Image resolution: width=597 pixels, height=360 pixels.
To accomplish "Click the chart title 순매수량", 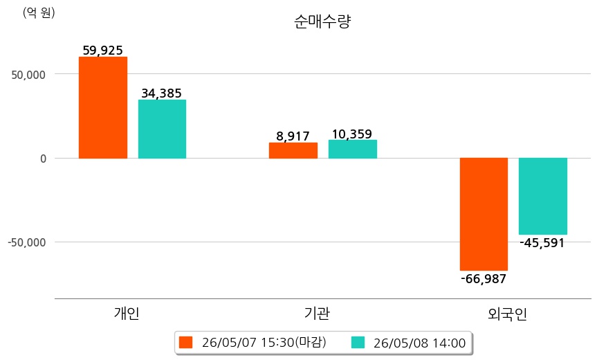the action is (x=322, y=21).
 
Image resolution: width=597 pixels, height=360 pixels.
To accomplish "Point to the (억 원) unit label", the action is (x=39, y=13).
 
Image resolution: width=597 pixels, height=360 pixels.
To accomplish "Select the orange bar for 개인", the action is (x=103, y=107).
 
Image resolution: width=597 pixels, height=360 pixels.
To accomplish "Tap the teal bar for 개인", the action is (x=162, y=129).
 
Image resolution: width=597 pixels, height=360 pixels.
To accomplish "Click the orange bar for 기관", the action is (x=293, y=150).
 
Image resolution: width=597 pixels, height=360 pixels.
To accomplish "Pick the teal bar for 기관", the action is (x=353, y=150).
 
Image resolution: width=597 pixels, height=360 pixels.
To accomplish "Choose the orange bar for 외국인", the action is (x=484, y=214).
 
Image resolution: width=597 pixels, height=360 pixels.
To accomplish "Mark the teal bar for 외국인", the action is (x=543, y=196).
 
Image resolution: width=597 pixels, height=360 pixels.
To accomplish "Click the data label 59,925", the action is (x=103, y=51).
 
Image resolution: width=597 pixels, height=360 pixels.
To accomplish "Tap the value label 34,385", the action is (x=161, y=93).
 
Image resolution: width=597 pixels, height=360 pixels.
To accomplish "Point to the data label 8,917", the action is (x=293, y=136).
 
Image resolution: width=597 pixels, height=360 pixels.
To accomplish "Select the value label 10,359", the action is (x=352, y=134).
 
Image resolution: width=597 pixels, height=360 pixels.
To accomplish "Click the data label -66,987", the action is (x=484, y=279).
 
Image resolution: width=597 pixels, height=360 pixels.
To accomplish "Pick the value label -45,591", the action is (x=542, y=243).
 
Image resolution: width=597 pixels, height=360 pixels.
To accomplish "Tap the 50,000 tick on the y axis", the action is (x=28, y=75).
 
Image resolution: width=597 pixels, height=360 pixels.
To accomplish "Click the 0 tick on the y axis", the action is (x=43, y=159).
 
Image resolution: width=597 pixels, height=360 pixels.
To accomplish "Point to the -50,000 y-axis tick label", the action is (x=27, y=242).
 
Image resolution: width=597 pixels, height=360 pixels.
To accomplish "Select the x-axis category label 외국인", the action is (x=507, y=314).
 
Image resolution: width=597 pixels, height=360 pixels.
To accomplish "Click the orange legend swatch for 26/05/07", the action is (x=186, y=343).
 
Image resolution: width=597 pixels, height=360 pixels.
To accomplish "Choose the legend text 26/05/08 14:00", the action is (x=420, y=343).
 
